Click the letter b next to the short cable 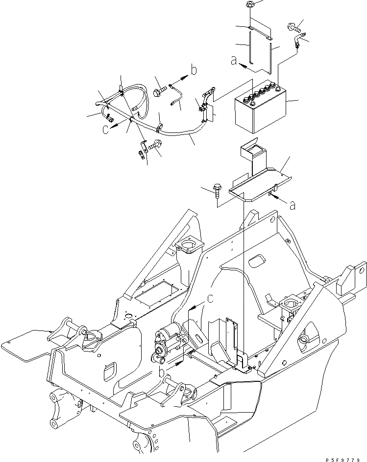click(x=195, y=70)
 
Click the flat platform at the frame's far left click(x=22, y=344)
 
